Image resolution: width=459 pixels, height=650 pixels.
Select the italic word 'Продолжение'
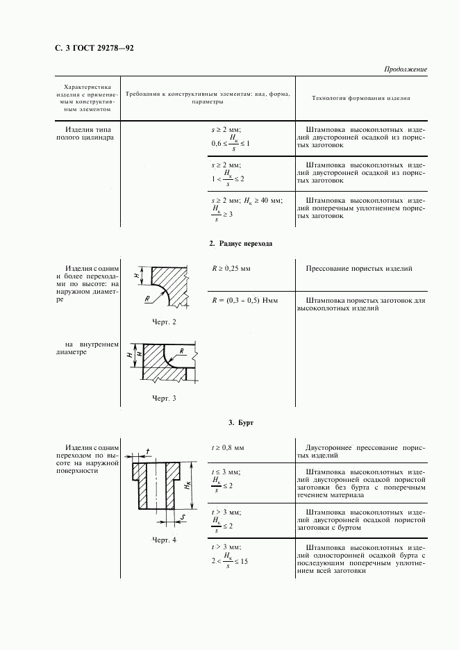pos(405,69)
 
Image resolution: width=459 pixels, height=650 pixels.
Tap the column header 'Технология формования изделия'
pos(361,98)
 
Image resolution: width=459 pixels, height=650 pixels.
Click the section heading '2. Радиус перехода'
pos(240,244)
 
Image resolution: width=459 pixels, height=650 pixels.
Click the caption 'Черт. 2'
pos(164,322)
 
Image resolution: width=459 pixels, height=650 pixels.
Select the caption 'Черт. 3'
pos(164,399)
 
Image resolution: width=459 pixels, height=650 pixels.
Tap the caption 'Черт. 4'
pos(164,540)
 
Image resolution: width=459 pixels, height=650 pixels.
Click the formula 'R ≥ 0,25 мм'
pos(231,267)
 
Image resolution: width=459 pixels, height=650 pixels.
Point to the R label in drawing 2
pos(148,299)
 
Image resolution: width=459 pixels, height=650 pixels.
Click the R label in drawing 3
pos(181,351)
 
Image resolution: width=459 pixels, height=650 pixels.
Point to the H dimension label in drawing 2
pos(137,276)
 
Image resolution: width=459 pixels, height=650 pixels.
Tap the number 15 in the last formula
pos(244,560)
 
